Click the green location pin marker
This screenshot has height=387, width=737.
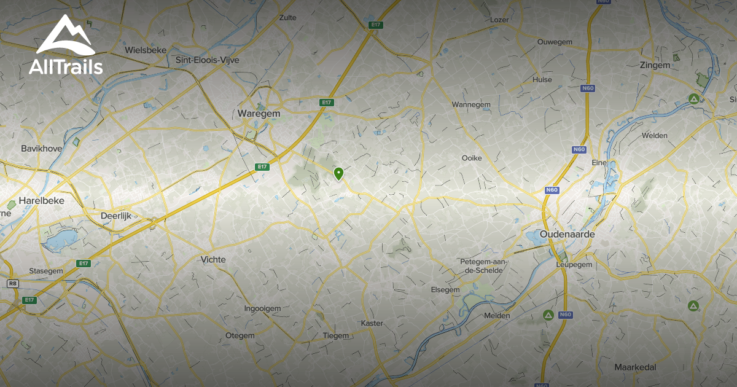tap(338, 174)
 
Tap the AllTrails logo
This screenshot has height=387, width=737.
tap(65, 46)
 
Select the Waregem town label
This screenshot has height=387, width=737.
tap(258, 114)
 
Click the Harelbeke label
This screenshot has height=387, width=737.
tap(42, 200)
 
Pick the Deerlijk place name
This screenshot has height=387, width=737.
tap(120, 216)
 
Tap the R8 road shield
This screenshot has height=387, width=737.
tap(12, 283)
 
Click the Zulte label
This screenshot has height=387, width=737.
tap(287, 18)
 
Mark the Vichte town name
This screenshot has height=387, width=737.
tap(213, 259)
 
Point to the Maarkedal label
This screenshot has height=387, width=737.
tap(635, 367)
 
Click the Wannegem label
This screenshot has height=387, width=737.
tap(471, 104)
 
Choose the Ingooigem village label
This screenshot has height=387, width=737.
tap(262, 308)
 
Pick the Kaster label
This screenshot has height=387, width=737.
tap(372, 323)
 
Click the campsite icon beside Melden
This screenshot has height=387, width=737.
tap(548, 315)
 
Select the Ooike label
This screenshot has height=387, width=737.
tap(472, 158)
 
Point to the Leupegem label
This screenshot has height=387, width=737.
tap(573, 264)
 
